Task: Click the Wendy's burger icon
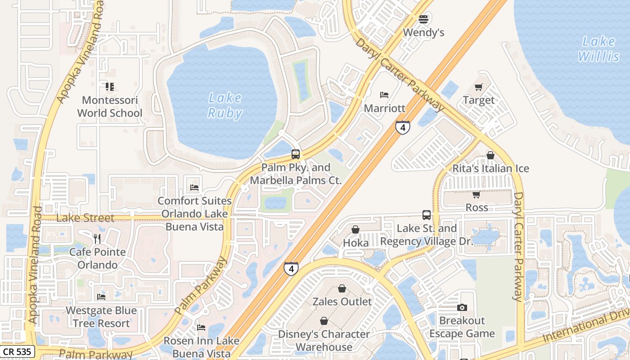point(423,19)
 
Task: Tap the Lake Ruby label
point(225,105)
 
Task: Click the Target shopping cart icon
point(478,87)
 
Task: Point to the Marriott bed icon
point(384,95)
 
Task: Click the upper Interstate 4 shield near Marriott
point(403,127)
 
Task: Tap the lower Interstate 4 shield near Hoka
point(291,269)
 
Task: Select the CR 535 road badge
point(17,351)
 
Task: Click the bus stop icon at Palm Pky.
point(296,154)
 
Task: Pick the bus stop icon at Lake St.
point(426,215)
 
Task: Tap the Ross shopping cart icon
point(476,194)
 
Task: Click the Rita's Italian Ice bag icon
point(490,155)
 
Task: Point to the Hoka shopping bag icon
point(355,230)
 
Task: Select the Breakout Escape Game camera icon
point(462,308)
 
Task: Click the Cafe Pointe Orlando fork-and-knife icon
point(97,238)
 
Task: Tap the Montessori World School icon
point(109,86)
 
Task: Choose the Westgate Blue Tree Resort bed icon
point(101,297)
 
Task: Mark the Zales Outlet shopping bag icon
point(342,288)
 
